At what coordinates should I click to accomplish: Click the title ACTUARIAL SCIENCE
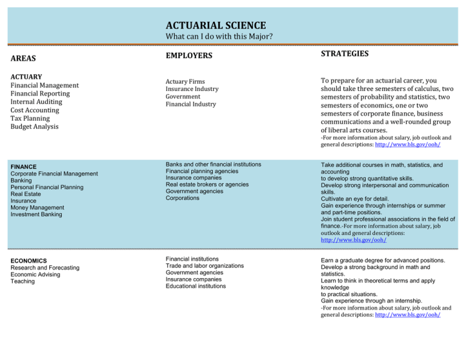(x=215, y=25)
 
